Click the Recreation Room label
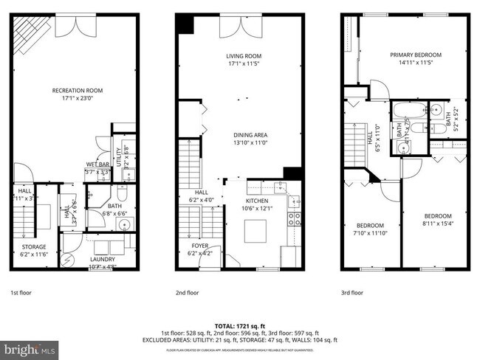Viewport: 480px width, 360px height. pos(77,91)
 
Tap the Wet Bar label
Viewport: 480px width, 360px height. pos(98,165)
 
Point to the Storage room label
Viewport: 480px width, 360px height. pos(34,247)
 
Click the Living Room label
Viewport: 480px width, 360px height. pos(243,56)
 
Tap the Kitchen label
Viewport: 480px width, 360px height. pos(257,201)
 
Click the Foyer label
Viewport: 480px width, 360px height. pos(200,247)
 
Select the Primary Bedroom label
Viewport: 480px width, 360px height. pos(416,55)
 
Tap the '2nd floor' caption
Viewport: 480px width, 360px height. pos(188,292)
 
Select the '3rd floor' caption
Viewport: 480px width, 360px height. pos(352,292)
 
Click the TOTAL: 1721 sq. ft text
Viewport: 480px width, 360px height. pos(240,325)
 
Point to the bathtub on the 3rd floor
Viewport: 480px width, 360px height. pos(408,113)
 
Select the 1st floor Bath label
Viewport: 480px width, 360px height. pos(114,207)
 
